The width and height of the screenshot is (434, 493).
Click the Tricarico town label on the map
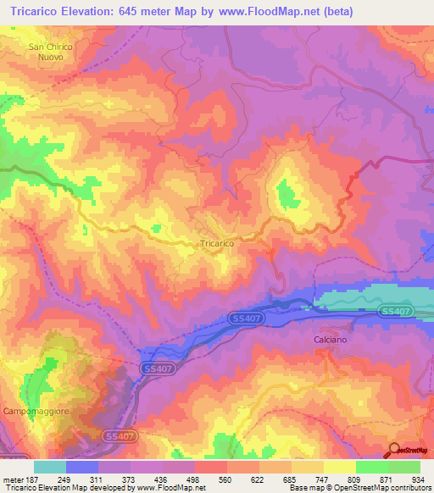(x=217, y=243)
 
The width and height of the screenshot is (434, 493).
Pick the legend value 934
(x=418, y=479)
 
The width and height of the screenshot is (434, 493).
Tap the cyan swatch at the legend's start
(x=50, y=466)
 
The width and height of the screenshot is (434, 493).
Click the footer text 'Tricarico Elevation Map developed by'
(x=59, y=488)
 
